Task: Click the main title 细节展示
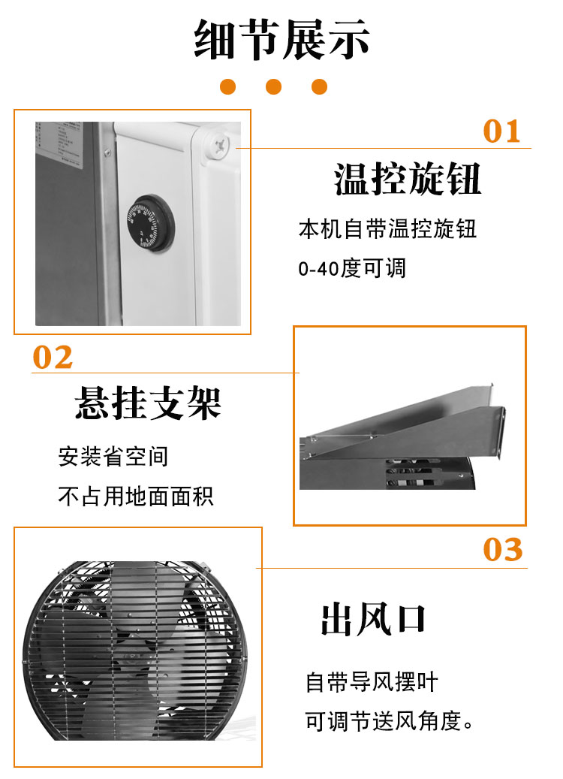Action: [x=281, y=39]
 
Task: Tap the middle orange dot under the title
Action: [x=273, y=86]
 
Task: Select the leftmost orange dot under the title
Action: [x=228, y=86]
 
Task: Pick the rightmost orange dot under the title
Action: [x=319, y=86]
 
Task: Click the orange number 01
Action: [x=501, y=131]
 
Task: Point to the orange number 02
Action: [x=53, y=358]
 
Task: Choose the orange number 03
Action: [x=502, y=550]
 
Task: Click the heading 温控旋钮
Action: [x=407, y=179]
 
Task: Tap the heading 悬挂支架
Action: [x=148, y=403]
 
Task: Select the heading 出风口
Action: [x=373, y=619]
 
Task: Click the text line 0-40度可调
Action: [x=352, y=268]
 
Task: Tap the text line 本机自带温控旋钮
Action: [x=387, y=229]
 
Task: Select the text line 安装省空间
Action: [x=113, y=457]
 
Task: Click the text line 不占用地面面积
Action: [x=136, y=496]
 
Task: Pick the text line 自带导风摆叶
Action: [x=372, y=682]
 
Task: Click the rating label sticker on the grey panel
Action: [x=59, y=144]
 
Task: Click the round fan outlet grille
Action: [x=135, y=651]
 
